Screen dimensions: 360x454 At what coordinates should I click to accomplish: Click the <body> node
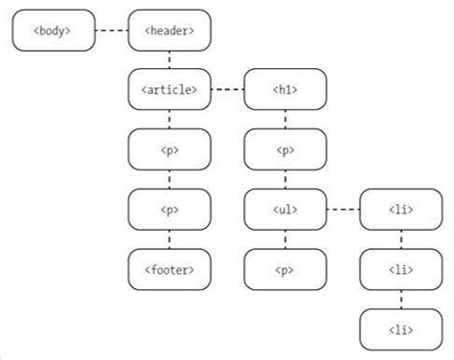pos(54,32)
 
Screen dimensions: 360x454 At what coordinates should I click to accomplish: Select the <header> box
pos(170,32)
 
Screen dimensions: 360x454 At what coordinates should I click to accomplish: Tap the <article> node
pos(170,90)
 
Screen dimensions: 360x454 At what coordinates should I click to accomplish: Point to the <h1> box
pos(285,90)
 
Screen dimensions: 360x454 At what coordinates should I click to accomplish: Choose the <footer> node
pos(170,269)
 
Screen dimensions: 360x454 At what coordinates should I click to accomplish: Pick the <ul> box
pos(285,209)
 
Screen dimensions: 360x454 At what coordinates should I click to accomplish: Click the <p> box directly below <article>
pos(170,149)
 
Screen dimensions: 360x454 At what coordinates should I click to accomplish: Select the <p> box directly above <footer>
pos(170,209)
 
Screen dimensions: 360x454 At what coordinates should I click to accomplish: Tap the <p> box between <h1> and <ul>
pos(285,149)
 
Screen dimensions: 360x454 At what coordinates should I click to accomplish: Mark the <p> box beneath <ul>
pos(285,269)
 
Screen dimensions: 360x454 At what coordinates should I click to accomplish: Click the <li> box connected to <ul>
pos(400,209)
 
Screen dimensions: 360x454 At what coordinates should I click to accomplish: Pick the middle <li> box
pos(400,269)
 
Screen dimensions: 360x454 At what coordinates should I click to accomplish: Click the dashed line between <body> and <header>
pos(111,32)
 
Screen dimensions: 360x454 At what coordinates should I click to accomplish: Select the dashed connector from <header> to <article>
pos(170,60)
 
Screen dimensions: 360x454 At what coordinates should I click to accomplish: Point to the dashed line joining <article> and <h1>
pos(227,90)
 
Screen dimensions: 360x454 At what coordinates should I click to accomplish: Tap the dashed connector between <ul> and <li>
pos(343,209)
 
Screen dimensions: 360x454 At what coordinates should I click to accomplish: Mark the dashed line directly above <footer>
pos(170,238)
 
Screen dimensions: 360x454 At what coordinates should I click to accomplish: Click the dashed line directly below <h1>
pos(285,120)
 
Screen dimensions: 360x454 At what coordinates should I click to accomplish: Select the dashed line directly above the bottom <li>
pos(400,299)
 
